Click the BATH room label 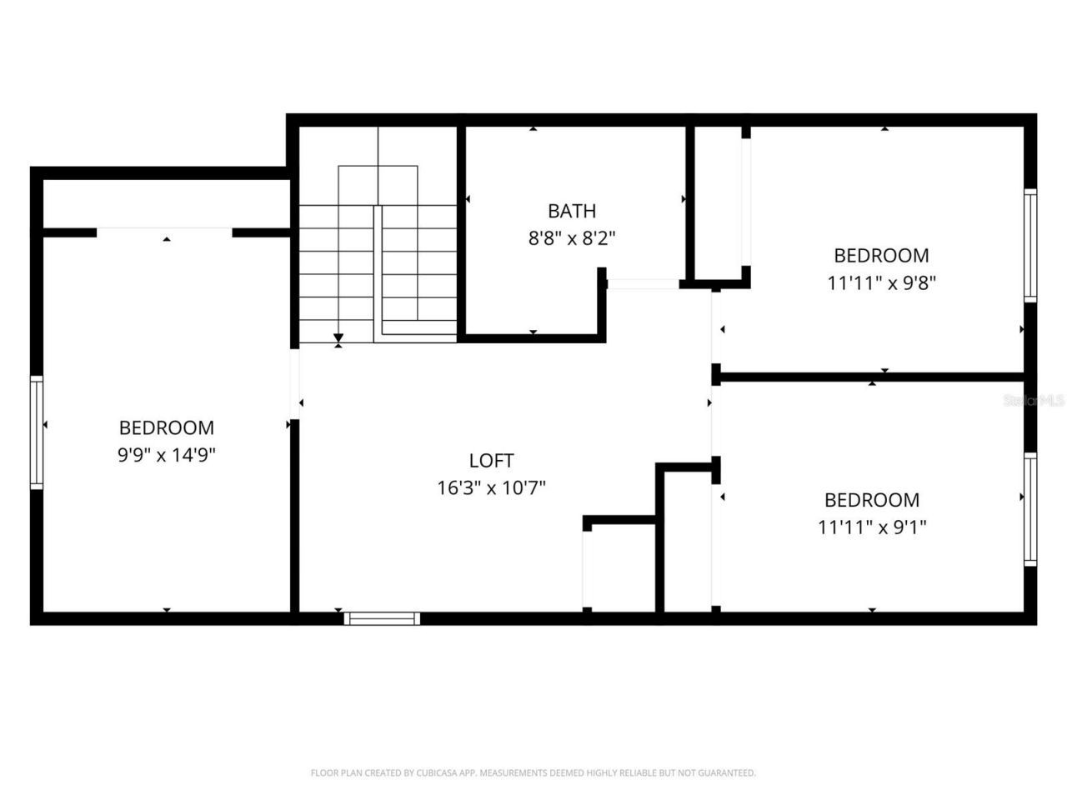click(572, 211)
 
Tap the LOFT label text click(491, 460)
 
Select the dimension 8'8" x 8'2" click(572, 238)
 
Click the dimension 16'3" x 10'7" click(491, 487)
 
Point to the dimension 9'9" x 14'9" click(167, 455)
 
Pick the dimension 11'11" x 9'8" click(881, 282)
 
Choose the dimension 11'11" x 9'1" click(872, 527)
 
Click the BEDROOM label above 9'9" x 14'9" click(167, 427)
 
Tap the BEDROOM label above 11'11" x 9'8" click(881, 255)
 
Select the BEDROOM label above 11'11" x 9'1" click(872, 500)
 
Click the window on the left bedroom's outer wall click(37, 432)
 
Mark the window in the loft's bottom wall click(382, 617)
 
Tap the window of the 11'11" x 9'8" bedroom click(1030, 245)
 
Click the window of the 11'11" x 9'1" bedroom click(1030, 509)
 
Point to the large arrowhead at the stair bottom click(338, 338)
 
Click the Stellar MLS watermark click(1034, 401)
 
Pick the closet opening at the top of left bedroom click(164, 232)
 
